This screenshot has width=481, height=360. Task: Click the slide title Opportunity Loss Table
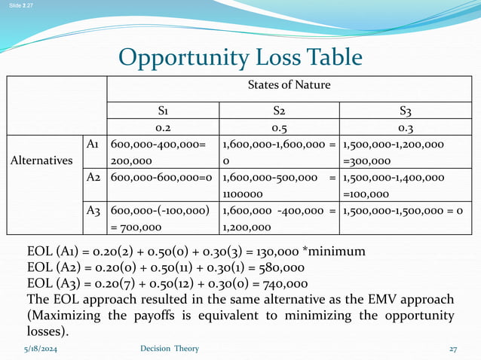point(240,57)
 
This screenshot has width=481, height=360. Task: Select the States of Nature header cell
point(289,85)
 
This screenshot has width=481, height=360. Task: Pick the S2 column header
point(277,111)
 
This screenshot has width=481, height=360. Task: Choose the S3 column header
point(406,111)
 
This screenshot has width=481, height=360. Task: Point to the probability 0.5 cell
point(277,127)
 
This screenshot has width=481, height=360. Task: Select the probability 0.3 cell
point(406,127)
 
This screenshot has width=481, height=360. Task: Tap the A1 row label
point(95,145)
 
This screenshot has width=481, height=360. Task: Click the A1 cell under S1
point(162,153)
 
